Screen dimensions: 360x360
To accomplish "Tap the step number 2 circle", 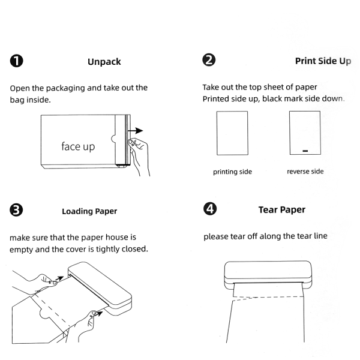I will (210, 60).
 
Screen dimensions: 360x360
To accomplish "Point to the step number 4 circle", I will (210, 209).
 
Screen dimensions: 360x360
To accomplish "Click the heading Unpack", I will (104, 61).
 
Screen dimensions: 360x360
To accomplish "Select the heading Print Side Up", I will (323, 61).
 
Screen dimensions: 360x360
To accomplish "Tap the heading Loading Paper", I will (89, 211).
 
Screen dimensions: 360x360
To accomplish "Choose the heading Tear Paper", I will (281, 209).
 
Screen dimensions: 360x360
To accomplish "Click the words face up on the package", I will (78, 146).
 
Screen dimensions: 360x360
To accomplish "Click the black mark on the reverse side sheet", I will (305, 151).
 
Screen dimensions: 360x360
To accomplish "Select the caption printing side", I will (232, 172).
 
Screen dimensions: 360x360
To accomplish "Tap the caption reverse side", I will (305, 172).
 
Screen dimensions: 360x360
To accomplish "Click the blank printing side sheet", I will (232, 134).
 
